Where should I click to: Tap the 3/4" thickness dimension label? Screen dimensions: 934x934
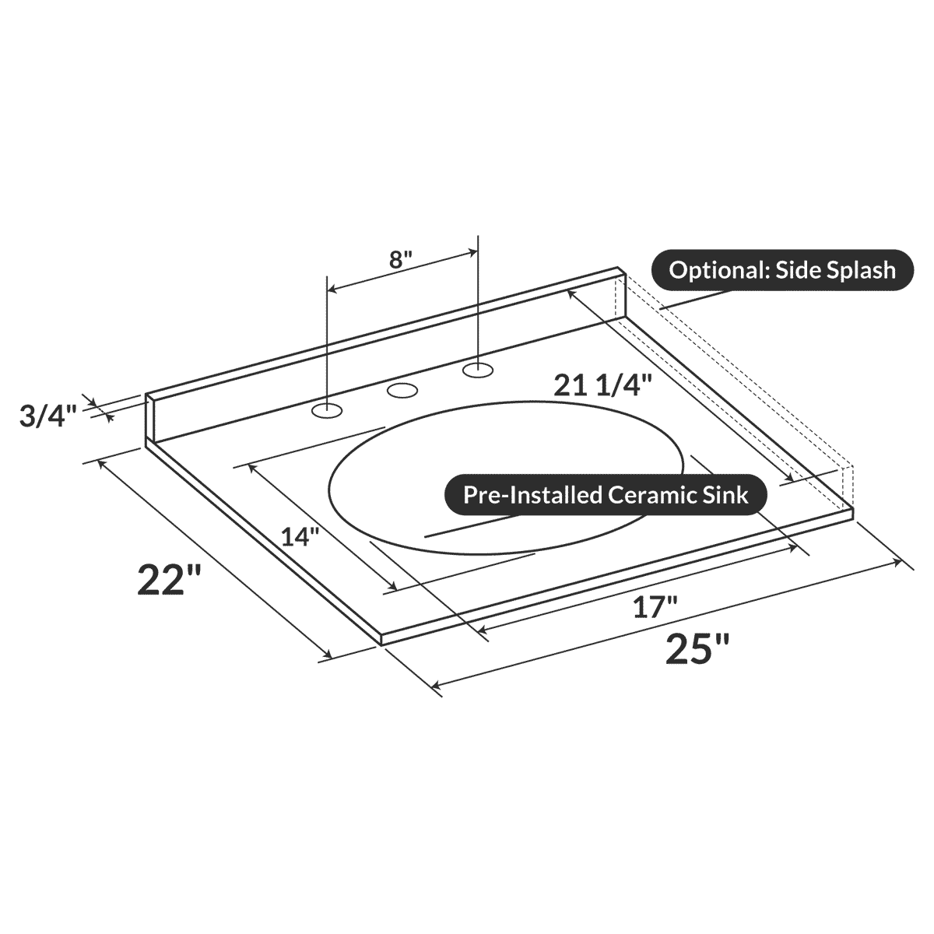point(48,416)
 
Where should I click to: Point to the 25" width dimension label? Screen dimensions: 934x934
point(698,648)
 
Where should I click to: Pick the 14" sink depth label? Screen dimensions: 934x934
point(300,536)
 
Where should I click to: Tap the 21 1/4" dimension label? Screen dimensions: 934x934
point(602,385)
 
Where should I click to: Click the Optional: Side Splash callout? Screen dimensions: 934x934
point(782,270)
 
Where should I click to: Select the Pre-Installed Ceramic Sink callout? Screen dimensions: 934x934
point(606,495)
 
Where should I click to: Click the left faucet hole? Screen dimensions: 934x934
point(327,410)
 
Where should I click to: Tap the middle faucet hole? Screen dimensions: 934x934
point(402,390)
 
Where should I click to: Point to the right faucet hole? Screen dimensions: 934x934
point(478,369)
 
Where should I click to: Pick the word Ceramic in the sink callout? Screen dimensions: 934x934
point(648,495)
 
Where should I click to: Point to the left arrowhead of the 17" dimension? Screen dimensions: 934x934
point(481,629)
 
